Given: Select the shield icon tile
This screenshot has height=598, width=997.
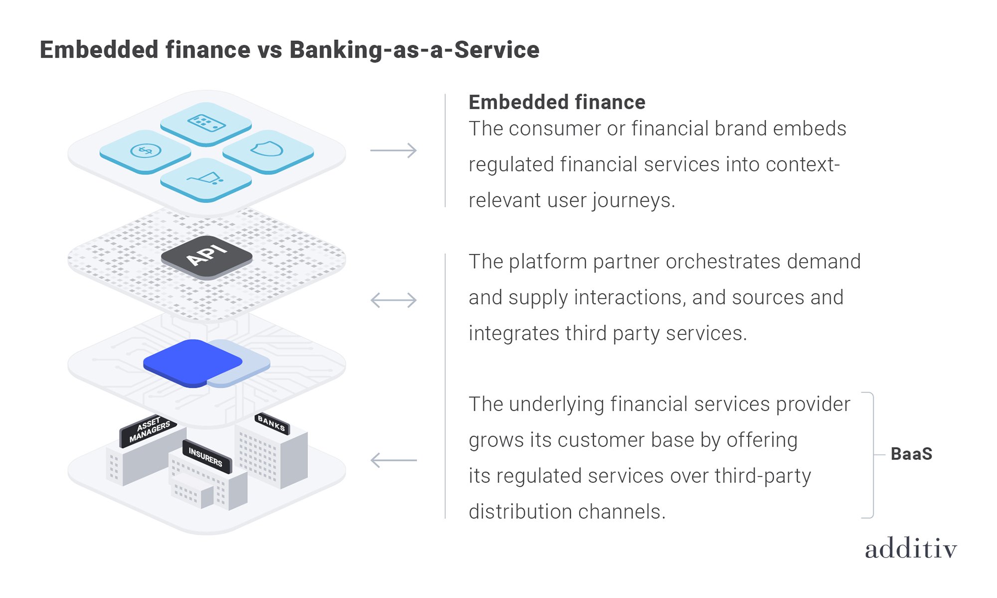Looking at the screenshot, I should pyautogui.click(x=268, y=150).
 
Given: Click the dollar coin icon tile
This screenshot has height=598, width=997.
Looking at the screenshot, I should pyautogui.click(x=145, y=150).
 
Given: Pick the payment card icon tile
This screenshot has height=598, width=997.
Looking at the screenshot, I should pyautogui.click(x=206, y=122).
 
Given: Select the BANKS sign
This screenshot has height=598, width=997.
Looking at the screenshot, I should pyautogui.click(x=272, y=423).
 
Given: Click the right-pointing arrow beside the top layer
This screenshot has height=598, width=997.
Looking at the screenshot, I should pyautogui.click(x=393, y=150).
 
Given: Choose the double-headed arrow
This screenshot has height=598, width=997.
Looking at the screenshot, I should pyautogui.click(x=393, y=300).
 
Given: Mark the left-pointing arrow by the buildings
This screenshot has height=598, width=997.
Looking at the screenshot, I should pyautogui.click(x=393, y=460).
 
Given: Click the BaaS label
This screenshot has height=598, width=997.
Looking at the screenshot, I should pyautogui.click(x=911, y=454).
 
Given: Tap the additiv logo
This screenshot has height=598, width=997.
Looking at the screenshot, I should pyautogui.click(x=911, y=549).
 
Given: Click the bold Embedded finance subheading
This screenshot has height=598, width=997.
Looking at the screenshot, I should pyautogui.click(x=557, y=102).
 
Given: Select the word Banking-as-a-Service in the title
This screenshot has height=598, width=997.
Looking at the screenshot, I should pyautogui.click(x=414, y=50).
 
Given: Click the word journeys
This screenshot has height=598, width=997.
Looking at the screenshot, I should pyautogui.click(x=633, y=201).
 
